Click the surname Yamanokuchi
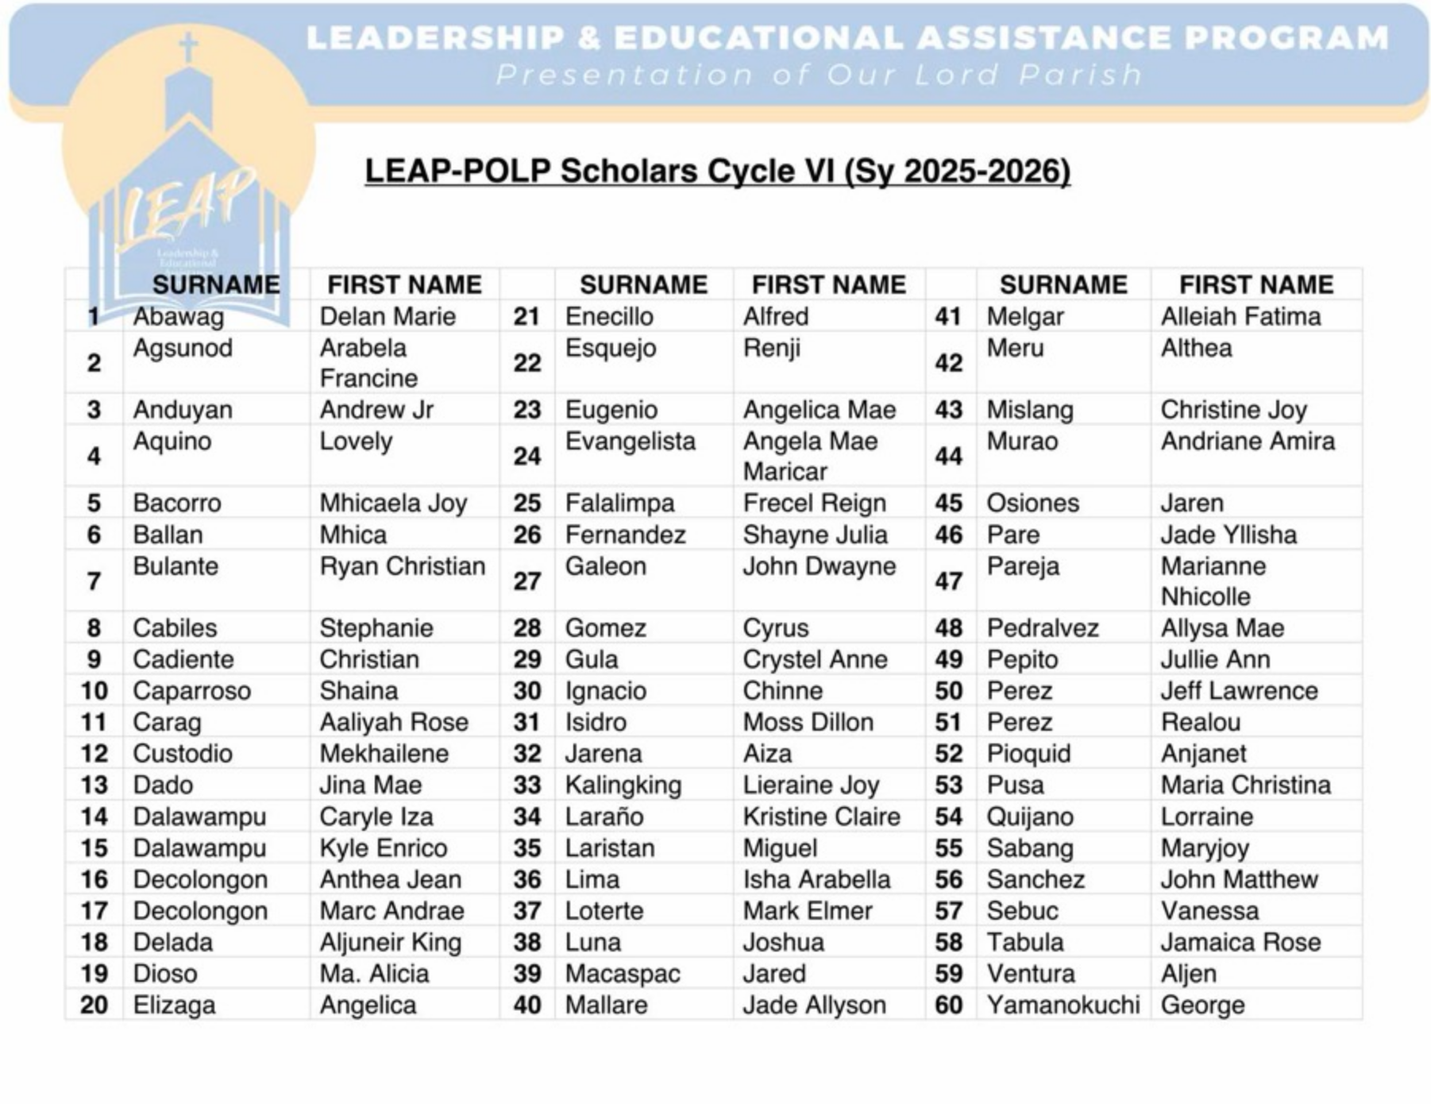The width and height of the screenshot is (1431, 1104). (x=1062, y=1005)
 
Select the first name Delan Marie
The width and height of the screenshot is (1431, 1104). (x=388, y=316)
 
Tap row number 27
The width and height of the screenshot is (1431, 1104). (x=526, y=581)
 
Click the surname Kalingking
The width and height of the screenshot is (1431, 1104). (x=623, y=785)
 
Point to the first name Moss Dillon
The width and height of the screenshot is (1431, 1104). (x=808, y=722)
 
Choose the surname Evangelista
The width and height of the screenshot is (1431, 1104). (x=630, y=441)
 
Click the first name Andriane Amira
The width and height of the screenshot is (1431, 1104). (x=1248, y=441)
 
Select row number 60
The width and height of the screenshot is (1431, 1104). (x=948, y=1005)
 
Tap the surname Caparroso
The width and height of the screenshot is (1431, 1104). (x=191, y=691)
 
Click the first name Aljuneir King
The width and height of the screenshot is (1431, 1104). (x=390, y=942)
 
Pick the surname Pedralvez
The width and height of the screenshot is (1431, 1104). (x=1042, y=628)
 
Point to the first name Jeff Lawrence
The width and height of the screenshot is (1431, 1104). (x=1238, y=691)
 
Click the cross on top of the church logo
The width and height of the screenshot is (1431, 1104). (x=188, y=48)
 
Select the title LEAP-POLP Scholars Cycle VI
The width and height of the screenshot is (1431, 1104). (x=716, y=172)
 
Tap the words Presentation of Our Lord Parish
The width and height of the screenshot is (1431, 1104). (x=818, y=75)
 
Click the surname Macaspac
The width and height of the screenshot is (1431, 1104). (x=622, y=974)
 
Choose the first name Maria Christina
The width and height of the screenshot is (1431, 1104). (x=1245, y=785)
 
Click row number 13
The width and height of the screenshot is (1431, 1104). (x=94, y=785)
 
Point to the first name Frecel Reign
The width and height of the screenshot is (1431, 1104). (x=814, y=503)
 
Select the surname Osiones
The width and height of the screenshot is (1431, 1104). (x=1032, y=503)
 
